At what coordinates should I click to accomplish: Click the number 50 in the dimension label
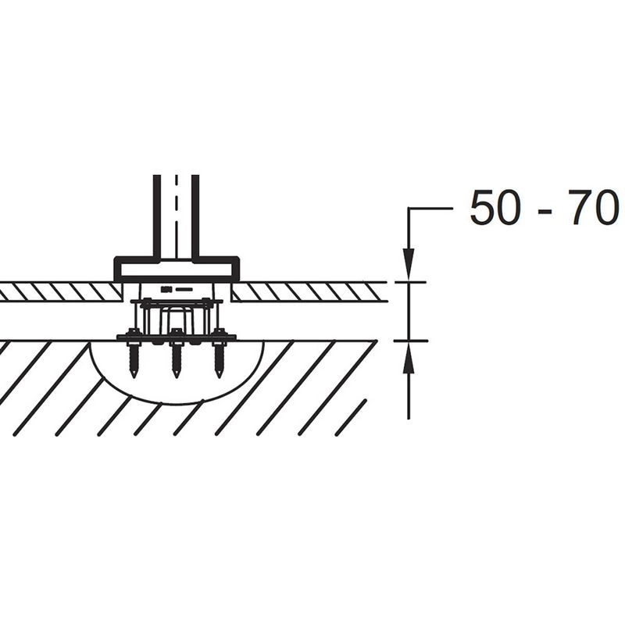[495, 209]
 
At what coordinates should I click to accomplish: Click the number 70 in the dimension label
[592, 209]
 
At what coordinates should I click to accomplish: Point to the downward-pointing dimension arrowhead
[409, 264]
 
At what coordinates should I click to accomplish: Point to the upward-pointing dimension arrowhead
[409, 358]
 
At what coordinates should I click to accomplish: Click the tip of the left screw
[134, 377]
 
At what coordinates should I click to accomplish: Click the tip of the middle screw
[176, 377]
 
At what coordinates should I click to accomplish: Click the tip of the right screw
[218, 377]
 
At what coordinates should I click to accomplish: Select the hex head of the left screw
[132, 333]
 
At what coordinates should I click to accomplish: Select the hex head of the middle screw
[176, 333]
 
